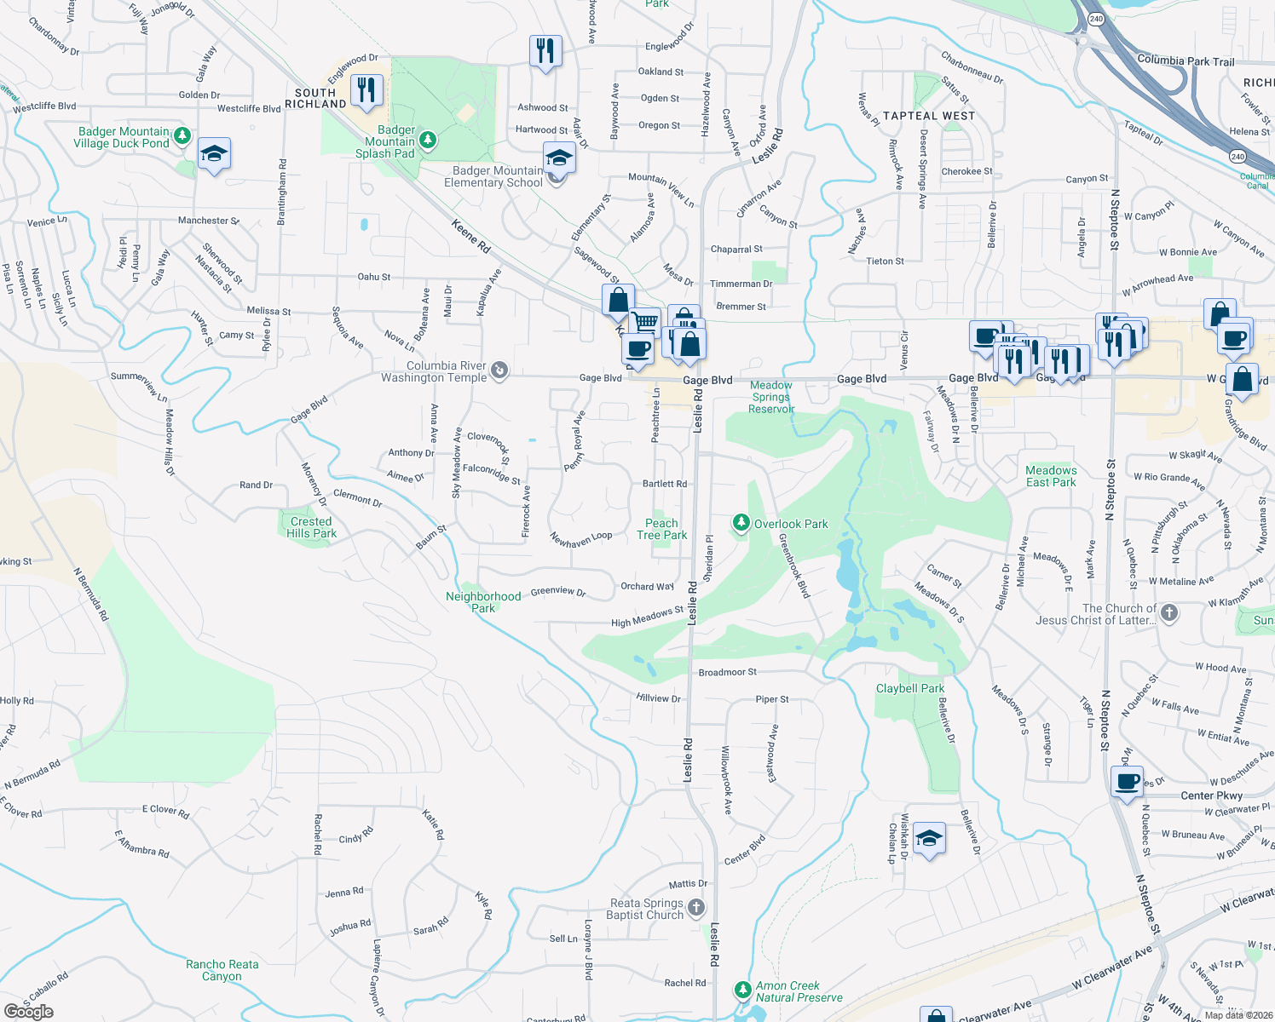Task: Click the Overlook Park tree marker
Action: click(x=741, y=523)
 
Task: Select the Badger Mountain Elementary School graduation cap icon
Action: click(x=558, y=158)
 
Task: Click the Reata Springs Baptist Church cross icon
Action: click(x=696, y=908)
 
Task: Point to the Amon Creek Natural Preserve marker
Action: click(x=742, y=990)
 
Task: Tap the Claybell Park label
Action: click(x=909, y=688)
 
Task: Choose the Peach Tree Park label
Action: click(x=661, y=529)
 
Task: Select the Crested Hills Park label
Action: click(x=311, y=527)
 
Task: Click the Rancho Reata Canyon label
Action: click(x=222, y=970)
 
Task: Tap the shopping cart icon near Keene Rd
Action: click(x=646, y=323)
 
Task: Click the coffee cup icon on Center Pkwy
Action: click(x=1127, y=780)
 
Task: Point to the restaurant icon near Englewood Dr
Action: click(x=366, y=89)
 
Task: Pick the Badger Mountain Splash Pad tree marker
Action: click(x=428, y=139)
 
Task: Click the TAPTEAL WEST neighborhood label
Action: click(x=928, y=116)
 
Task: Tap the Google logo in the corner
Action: click(x=28, y=1011)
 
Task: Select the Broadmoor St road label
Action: click(x=727, y=672)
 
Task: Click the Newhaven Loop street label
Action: click(x=580, y=538)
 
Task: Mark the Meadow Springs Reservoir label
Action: click(x=770, y=397)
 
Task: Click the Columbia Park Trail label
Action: click(x=1185, y=60)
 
